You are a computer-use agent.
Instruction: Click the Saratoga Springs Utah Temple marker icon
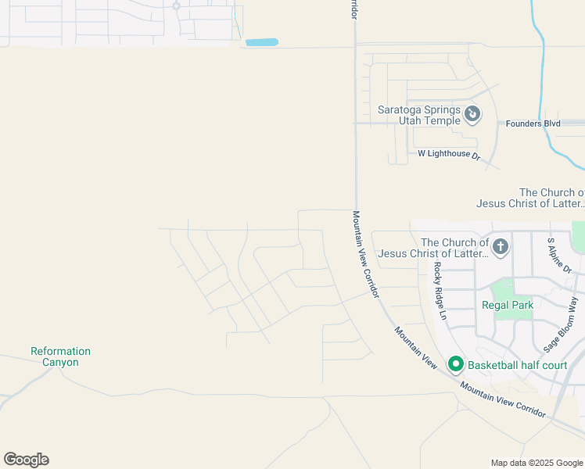pos(472,115)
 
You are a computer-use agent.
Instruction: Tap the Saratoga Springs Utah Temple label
pos(420,116)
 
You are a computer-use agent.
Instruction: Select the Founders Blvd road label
pos(533,124)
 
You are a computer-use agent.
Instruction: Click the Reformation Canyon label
pos(60,356)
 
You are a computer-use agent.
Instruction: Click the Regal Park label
pos(507,306)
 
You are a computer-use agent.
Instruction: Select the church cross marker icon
pos(501,248)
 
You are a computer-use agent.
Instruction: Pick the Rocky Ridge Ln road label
pos(440,290)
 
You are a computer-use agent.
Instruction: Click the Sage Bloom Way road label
pos(562,324)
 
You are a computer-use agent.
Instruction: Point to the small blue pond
pos(261,42)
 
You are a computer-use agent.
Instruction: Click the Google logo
pos(26,460)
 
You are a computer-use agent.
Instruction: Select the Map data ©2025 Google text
pos(536,463)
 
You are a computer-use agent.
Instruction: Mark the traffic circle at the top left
pos(176,6)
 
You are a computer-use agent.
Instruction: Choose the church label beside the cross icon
pos(455,248)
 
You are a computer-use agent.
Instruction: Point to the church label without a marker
pos(530,198)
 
